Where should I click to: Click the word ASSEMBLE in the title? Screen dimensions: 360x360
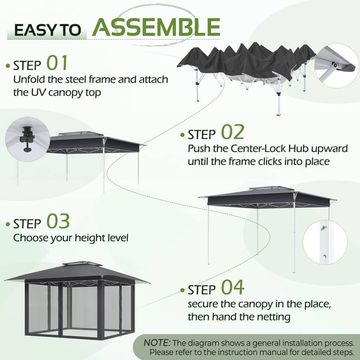point(156,27)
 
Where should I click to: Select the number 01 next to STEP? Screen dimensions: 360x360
point(57,63)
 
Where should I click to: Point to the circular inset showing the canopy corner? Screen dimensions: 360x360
point(335,65)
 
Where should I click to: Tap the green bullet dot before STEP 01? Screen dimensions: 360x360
point(8,66)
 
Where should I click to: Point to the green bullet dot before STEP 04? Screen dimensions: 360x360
point(183,290)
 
